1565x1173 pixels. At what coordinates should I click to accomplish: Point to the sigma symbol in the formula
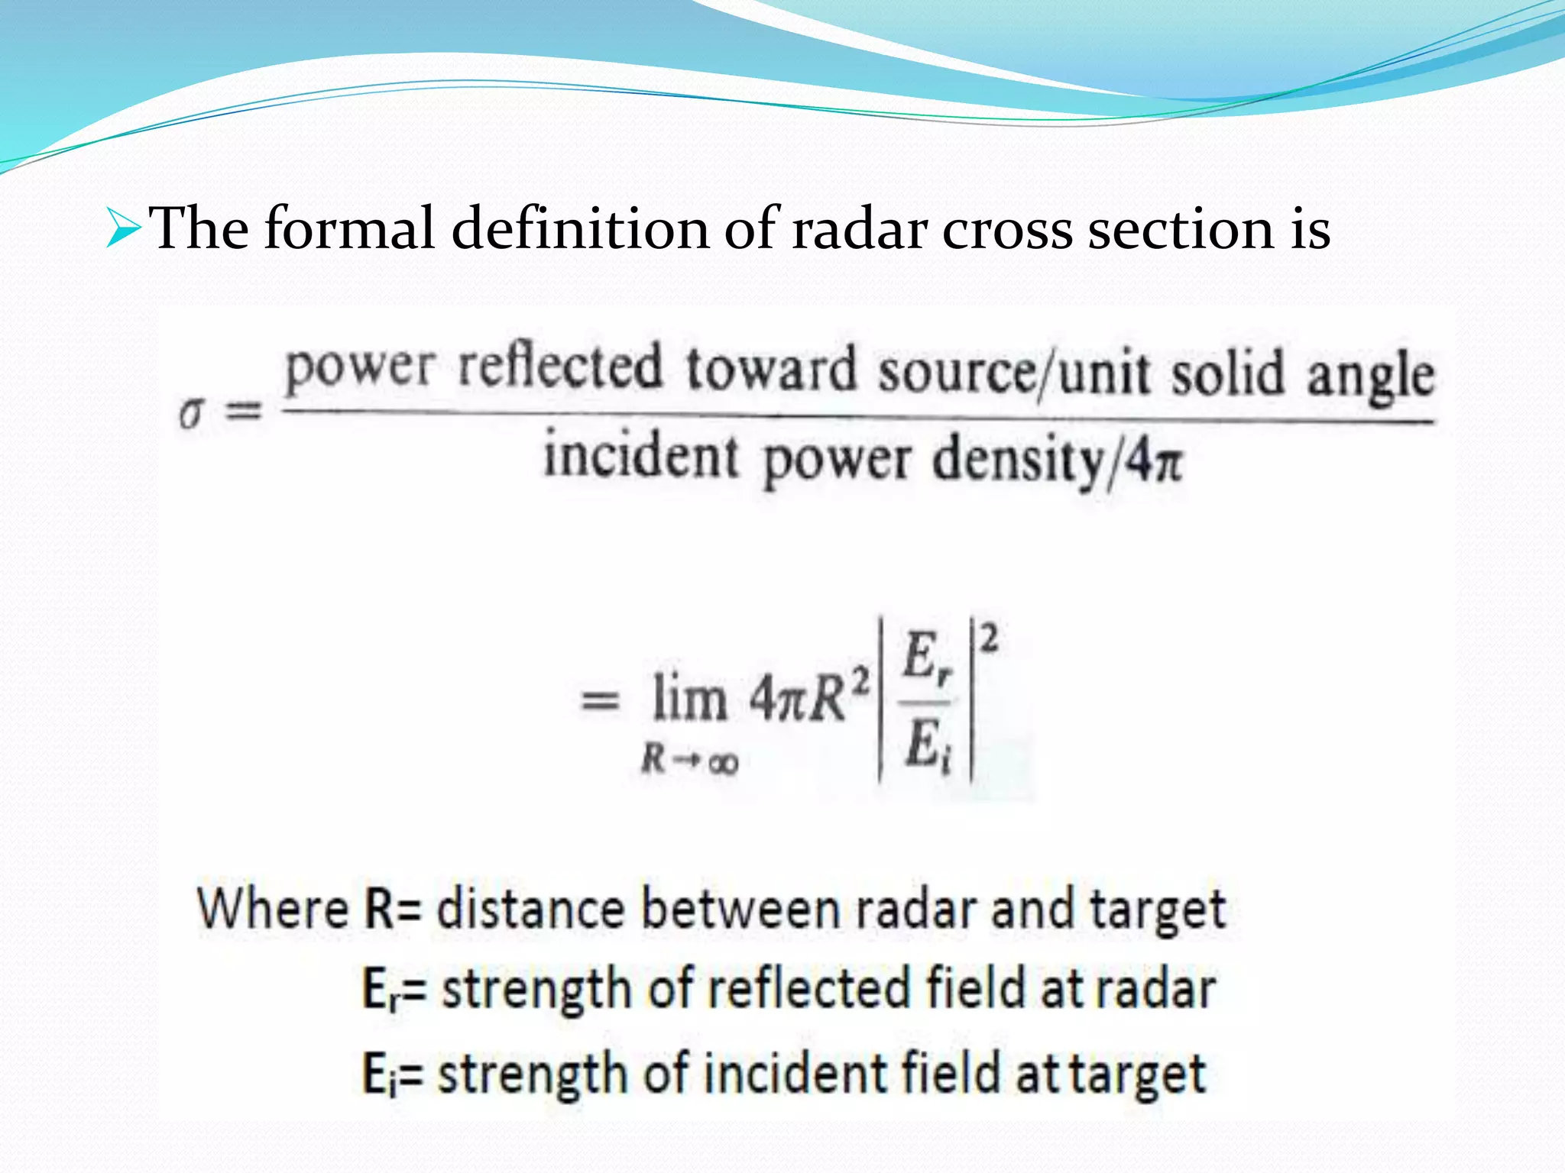coord(192,414)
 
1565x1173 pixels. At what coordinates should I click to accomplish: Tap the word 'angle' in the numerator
coord(1370,377)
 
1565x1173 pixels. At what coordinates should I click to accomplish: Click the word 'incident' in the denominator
coord(641,456)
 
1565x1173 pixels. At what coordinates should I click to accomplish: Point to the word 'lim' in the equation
coord(689,699)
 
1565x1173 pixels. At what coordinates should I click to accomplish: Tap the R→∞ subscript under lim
coord(690,761)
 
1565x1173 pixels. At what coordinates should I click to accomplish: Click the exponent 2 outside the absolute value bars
coord(989,638)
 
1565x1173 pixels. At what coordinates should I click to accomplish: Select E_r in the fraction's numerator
coord(927,658)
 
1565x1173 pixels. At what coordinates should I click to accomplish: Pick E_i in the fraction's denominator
coord(927,745)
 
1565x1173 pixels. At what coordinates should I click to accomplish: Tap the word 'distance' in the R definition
coord(530,909)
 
